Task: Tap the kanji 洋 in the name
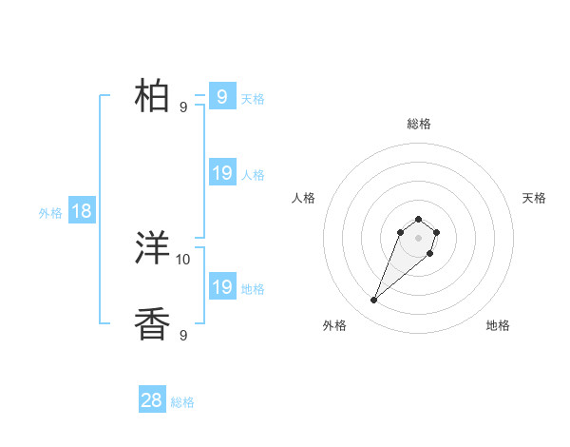(x=153, y=249)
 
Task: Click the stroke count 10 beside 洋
(x=183, y=259)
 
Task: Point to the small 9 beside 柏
(x=183, y=107)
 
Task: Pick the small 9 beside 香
(x=183, y=335)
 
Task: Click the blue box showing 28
(x=152, y=400)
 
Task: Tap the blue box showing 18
(x=82, y=211)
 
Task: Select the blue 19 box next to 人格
(x=222, y=173)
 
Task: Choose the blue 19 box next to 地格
(x=222, y=287)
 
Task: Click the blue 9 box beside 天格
(x=222, y=97)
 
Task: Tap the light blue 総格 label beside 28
(x=182, y=402)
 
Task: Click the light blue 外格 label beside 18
(x=50, y=213)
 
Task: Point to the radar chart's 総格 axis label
(x=418, y=124)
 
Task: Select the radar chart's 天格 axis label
(x=534, y=198)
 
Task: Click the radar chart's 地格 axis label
(x=498, y=325)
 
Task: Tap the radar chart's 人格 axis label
(x=303, y=198)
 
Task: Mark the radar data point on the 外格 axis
(x=374, y=301)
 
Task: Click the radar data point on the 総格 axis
(x=418, y=220)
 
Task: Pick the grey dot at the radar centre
(x=418, y=238)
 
